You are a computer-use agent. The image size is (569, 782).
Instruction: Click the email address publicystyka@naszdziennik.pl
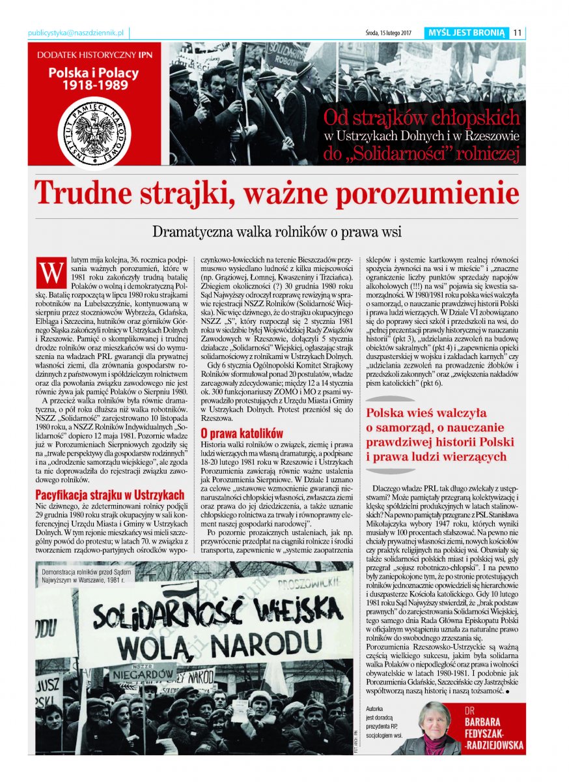click(77, 33)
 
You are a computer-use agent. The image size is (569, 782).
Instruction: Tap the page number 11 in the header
click(518, 33)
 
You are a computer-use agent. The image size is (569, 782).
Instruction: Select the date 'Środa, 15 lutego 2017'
click(389, 33)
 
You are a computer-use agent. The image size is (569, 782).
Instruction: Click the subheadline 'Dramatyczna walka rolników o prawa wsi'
click(277, 231)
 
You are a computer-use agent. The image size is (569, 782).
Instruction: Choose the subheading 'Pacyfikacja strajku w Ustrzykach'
click(109, 495)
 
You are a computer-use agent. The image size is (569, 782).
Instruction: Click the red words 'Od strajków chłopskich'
click(422, 118)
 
